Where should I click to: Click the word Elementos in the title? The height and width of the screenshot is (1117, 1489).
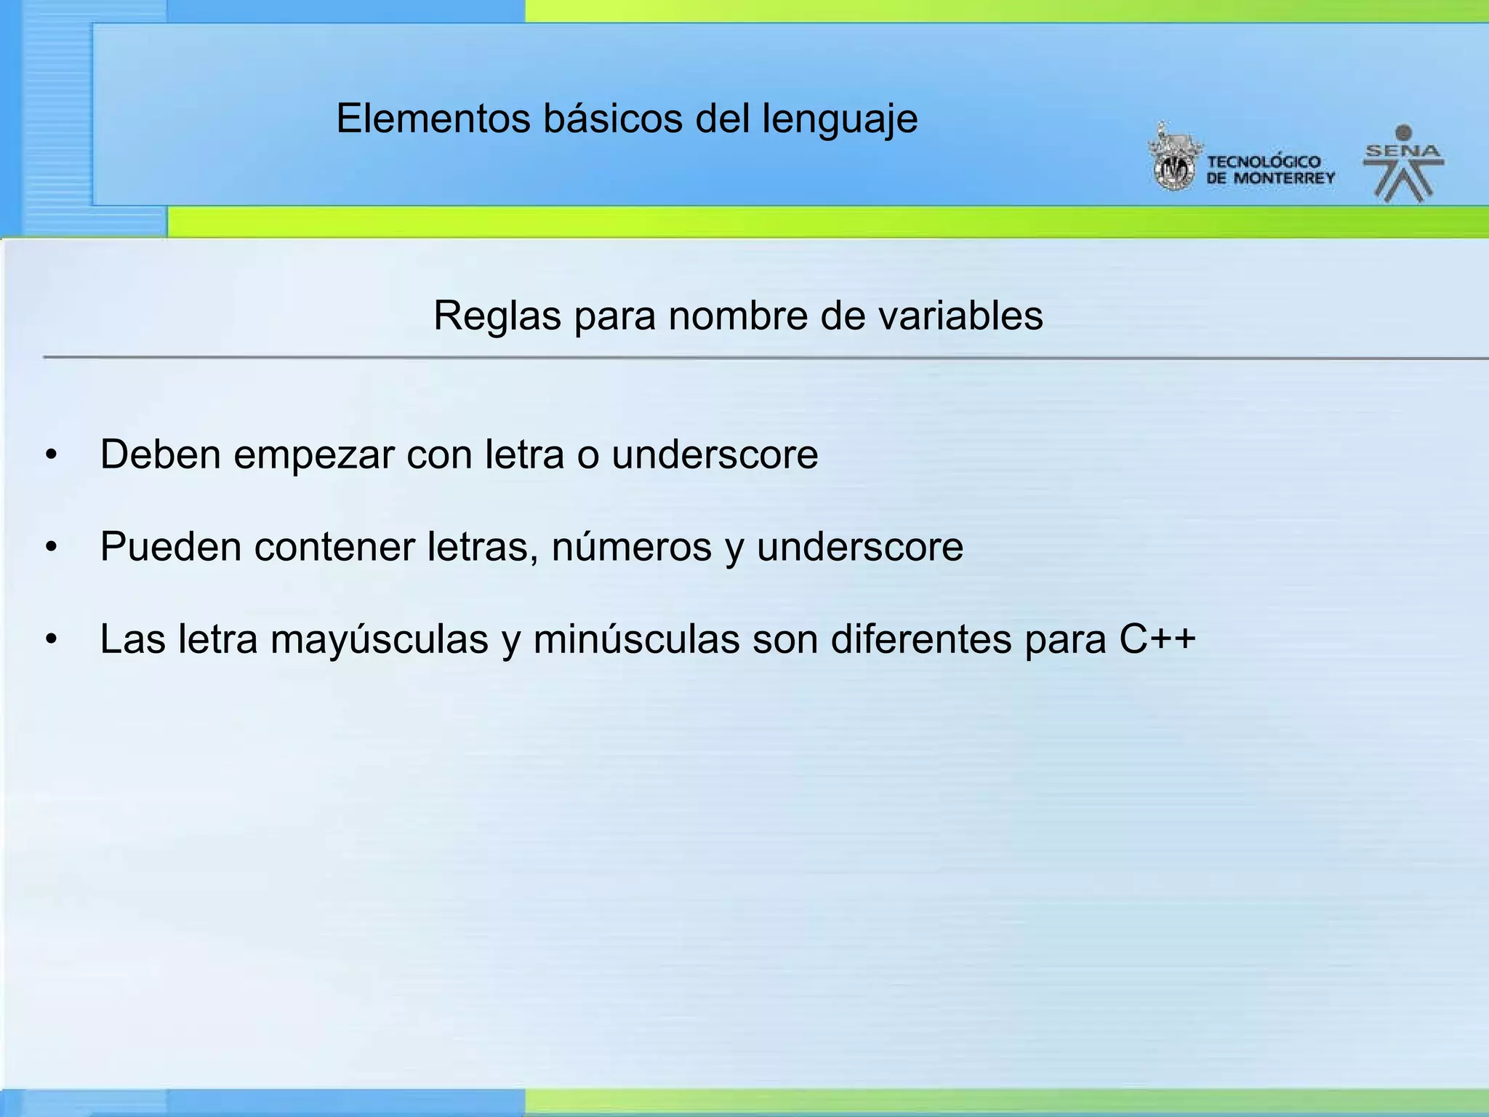coord(433,119)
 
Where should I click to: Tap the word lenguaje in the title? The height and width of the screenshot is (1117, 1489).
coord(840,120)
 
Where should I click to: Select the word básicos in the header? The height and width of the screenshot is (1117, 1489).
coord(613,119)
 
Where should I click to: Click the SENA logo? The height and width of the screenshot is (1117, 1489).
coord(1403,164)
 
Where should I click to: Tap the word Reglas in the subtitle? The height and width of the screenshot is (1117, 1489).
coord(497,316)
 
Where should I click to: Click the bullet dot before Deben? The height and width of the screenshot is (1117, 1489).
coord(50,456)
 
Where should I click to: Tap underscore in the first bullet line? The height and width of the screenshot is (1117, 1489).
coord(715,455)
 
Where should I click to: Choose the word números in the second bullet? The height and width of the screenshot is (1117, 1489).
coord(631,547)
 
